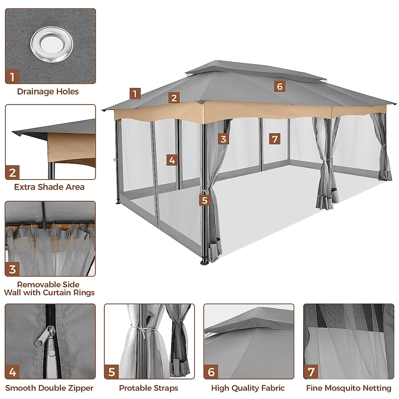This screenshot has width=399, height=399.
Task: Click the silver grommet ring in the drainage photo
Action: coord(52,44)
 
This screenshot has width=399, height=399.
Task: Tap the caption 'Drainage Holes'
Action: coord(48,91)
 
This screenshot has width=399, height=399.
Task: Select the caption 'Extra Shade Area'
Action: coord(49,187)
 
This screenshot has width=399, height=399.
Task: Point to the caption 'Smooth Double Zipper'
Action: coord(49,388)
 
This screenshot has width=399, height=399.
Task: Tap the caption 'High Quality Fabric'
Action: coord(248,388)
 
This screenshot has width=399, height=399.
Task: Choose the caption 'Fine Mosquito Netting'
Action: coord(348,388)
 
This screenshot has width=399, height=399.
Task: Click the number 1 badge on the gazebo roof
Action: coord(135,94)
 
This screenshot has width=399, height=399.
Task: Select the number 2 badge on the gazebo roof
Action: coord(174,98)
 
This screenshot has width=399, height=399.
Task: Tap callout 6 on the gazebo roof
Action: coord(280,86)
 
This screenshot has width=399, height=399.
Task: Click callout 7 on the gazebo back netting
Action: coord(275,139)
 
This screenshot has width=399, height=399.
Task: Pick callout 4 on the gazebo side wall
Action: coord(172,160)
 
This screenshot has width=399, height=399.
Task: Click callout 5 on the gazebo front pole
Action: coord(204,200)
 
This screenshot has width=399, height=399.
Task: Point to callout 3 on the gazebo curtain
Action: coord(223,139)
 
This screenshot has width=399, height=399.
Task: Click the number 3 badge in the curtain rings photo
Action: coord(13,269)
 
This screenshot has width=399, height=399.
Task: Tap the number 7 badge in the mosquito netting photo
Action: coord(311,371)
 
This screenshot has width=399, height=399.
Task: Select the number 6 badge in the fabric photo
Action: coord(211,371)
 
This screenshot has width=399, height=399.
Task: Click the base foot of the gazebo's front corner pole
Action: coord(204,262)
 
